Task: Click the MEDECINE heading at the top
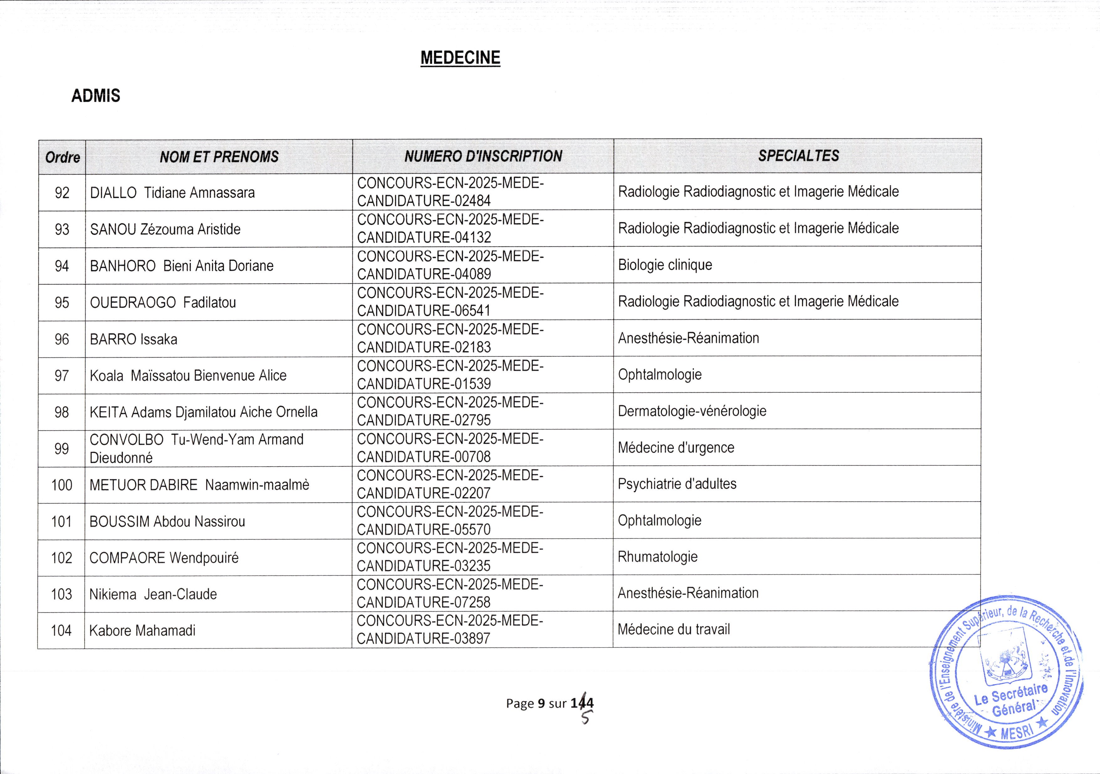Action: [460, 58]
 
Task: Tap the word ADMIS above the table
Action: [96, 96]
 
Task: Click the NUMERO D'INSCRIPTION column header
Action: [483, 156]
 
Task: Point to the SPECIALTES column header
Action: [798, 156]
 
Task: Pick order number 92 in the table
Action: [62, 193]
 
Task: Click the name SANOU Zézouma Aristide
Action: [165, 230]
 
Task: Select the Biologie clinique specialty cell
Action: [665, 265]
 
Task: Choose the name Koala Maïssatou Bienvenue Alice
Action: [188, 375]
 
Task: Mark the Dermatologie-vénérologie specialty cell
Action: [692, 411]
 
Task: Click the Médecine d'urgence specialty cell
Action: [676, 448]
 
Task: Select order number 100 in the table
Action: [62, 485]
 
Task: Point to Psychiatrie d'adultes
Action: [677, 484]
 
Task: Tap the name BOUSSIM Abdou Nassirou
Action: [167, 521]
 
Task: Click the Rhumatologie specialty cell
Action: [657, 557]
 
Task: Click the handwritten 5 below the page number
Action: [585, 717]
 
